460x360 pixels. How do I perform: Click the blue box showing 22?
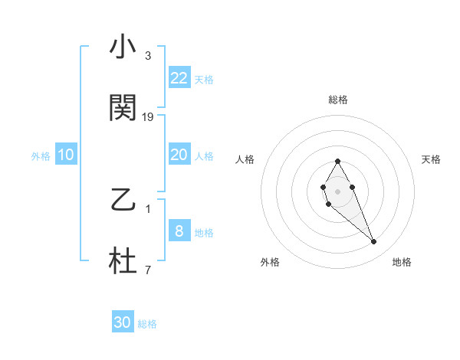coord(179,78)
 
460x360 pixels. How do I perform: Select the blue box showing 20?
coord(179,155)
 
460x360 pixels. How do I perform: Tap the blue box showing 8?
coord(179,231)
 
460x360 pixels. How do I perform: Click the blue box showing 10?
coord(66,155)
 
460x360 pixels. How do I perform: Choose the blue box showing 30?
coord(123,322)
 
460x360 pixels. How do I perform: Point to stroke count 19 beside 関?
coord(149,117)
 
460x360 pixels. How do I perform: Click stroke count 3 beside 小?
coord(148,56)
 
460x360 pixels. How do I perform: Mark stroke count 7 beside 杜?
coord(148,270)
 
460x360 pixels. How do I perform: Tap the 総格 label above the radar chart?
coord(338,100)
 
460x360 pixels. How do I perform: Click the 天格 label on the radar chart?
coord(431,159)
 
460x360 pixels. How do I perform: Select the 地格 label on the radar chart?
coord(402,262)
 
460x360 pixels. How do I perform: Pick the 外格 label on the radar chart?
coord(270,262)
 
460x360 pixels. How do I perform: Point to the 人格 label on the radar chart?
coord(245,159)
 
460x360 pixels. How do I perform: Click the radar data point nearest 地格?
coord(374,242)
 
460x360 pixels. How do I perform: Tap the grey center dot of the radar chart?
coord(337,190)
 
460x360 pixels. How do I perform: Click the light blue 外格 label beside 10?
coord(41,155)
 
